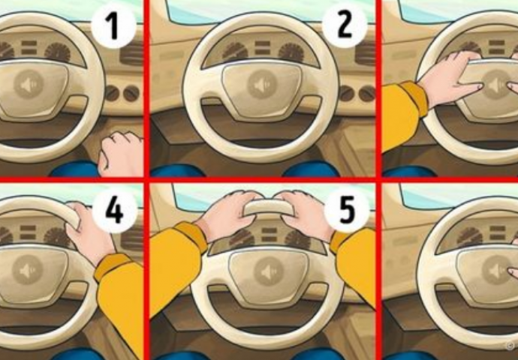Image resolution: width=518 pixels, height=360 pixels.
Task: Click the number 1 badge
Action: (113, 26)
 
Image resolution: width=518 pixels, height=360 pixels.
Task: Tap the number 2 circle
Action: (345, 25)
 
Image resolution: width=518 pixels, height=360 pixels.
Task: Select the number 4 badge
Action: (115, 211)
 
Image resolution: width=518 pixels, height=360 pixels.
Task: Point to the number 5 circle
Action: (347, 211)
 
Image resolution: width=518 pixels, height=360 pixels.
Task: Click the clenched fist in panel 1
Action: (121, 154)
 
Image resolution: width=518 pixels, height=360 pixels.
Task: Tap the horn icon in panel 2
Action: (262, 84)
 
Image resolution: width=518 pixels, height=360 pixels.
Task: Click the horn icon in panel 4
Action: (28, 270)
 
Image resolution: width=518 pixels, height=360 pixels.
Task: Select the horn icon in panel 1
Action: (29, 84)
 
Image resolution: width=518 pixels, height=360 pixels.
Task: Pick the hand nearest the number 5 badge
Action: (306, 214)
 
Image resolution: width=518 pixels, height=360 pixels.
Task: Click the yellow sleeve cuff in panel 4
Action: (112, 266)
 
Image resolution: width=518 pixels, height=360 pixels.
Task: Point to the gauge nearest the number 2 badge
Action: (291, 52)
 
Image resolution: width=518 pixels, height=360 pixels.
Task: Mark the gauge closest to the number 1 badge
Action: (58, 52)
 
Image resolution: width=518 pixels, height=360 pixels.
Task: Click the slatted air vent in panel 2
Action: (365, 52)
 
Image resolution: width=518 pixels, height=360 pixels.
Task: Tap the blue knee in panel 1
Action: (74, 169)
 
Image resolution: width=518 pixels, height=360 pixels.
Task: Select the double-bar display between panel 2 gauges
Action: (262, 47)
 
